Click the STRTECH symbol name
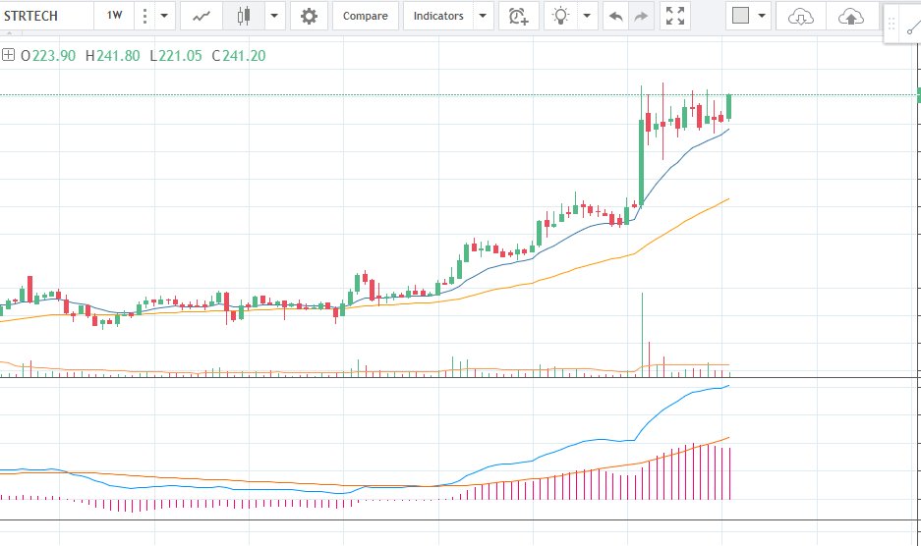point(31,16)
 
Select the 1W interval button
point(115,16)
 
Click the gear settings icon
point(309,16)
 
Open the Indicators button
point(437,16)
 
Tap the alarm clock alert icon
point(517,16)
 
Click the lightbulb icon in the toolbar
point(561,16)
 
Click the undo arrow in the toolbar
point(616,16)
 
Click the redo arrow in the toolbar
point(641,16)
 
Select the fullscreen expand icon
point(675,16)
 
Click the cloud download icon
point(802,16)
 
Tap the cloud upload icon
point(851,16)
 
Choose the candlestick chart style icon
point(244,16)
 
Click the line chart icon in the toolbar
point(201,16)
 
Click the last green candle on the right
point(729,106)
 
